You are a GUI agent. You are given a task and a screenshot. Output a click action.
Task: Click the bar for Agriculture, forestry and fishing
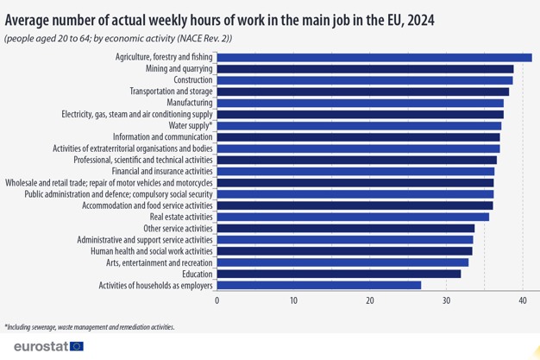point(374,57)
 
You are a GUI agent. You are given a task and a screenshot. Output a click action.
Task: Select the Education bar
point(338,274)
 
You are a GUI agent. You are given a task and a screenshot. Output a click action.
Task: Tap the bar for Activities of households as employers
point(318,285)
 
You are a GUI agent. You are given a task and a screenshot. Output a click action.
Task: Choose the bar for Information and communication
point(358,137)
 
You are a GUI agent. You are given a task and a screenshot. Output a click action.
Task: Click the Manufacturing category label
point(190,103)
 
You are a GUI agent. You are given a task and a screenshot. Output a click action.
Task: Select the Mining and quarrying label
point(179,68)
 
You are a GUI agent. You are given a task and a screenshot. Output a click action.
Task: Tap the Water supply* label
point(191,126)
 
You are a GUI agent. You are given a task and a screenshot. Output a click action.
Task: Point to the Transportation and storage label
point(171,92)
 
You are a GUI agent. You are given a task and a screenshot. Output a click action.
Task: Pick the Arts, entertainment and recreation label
point(160,262)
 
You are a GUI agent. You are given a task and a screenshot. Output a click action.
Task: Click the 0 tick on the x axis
point(217,300)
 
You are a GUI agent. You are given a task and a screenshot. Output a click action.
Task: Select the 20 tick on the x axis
point(370,300)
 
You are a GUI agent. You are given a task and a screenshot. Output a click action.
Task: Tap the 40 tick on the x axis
point(523,300)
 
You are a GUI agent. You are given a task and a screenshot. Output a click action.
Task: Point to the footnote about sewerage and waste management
point(89,327)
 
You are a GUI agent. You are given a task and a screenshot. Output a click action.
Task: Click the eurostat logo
point(48,346)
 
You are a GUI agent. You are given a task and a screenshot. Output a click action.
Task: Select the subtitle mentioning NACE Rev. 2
point(118,38)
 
